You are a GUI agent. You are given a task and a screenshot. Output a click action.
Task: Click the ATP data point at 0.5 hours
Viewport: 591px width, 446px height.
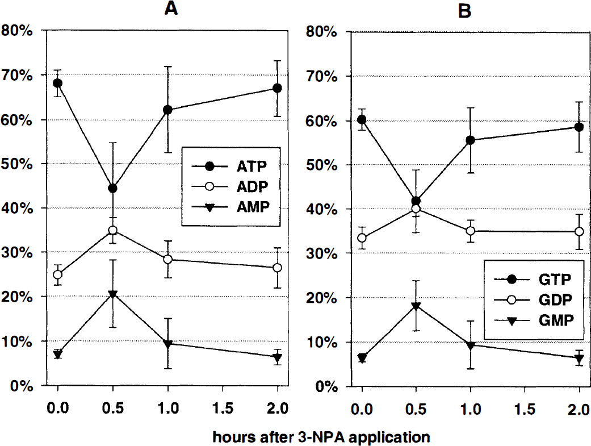pos(112,188)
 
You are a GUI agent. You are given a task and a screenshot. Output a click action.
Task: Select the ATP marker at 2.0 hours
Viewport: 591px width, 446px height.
pos(277,88)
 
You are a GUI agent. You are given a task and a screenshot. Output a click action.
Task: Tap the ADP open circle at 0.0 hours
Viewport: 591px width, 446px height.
pos(57,274)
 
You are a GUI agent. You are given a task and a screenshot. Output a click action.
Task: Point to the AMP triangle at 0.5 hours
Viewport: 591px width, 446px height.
pos(112,294)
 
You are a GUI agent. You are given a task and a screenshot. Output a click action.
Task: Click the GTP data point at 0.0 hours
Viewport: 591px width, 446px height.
pos(362,120)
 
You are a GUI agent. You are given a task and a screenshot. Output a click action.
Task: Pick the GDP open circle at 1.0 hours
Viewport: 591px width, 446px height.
pos(470,231)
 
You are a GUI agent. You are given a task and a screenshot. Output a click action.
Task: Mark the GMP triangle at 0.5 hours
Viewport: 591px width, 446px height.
pos(416,306)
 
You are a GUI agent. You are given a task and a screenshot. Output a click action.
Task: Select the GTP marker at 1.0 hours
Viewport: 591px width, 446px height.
pos(470,140)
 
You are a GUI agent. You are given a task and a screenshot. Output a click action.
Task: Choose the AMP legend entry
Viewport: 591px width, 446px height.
pos(230,206)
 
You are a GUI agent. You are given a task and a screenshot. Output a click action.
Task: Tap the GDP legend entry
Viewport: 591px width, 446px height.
pos(533,300)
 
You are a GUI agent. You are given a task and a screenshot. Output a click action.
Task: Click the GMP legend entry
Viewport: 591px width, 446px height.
pos(534,320)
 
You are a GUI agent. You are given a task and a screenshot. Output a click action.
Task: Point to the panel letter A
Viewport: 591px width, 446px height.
pos(171,9)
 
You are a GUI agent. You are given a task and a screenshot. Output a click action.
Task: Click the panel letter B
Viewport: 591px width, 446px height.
pos(464,11)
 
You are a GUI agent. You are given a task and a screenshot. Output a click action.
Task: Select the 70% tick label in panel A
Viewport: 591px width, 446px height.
pos(17,76)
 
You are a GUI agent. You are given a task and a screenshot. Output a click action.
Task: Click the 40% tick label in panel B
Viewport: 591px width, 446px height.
pos(321,210)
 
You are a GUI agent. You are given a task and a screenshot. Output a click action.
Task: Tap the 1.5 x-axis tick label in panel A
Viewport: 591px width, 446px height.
pos(223,409)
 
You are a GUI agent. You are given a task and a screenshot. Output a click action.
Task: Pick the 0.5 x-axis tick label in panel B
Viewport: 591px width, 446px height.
pos(416,409)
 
